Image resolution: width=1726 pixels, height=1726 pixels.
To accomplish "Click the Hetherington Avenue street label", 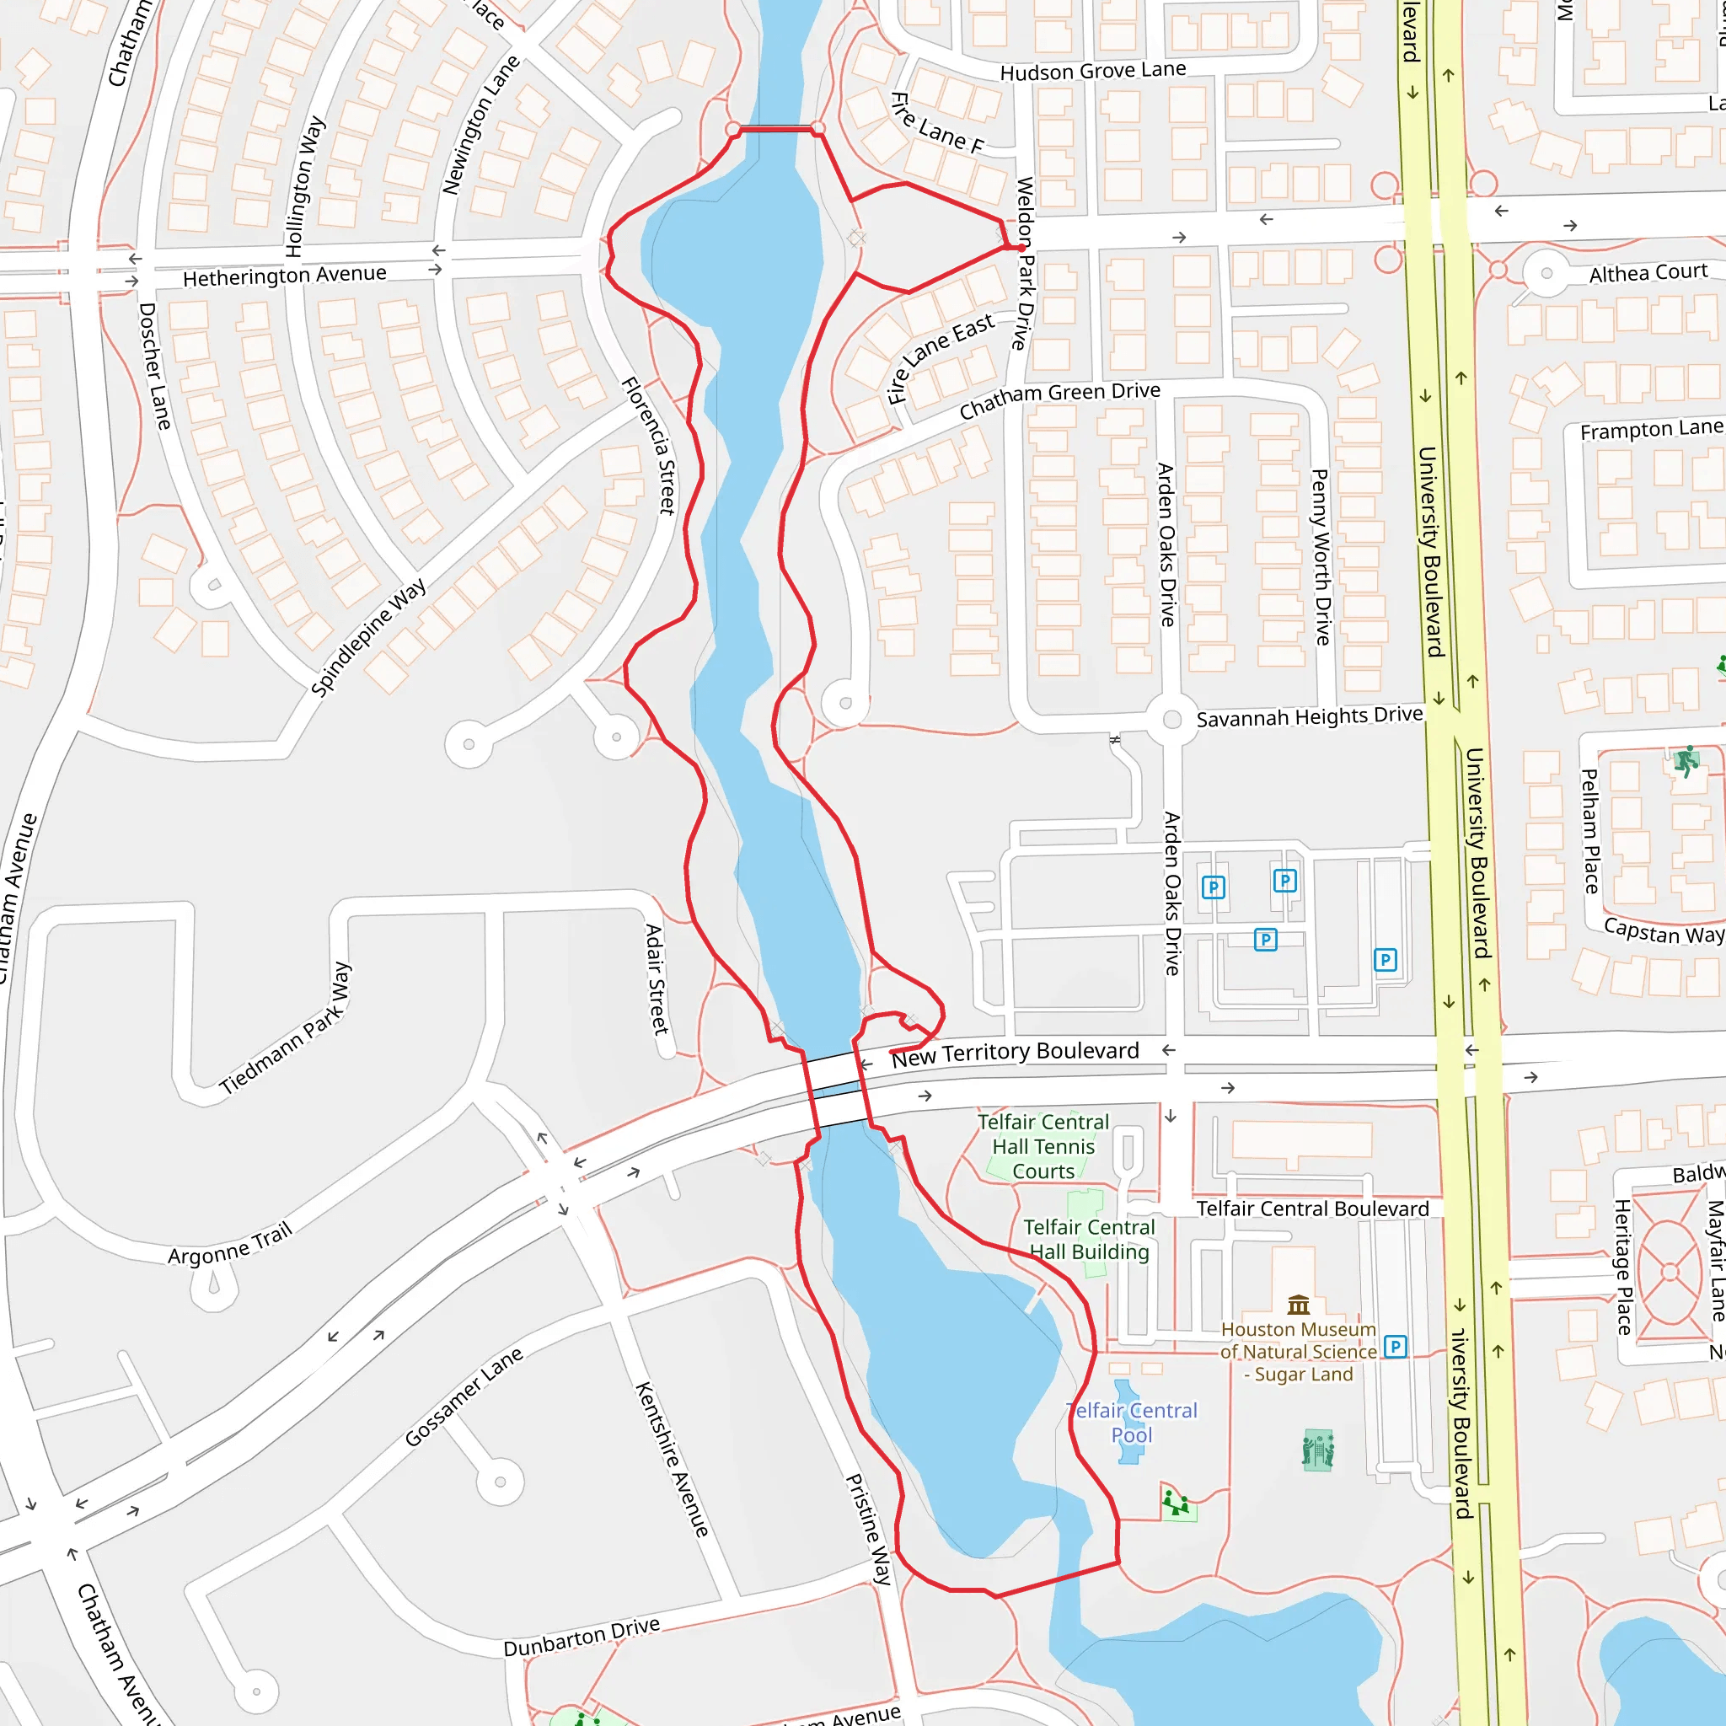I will coord(284,276).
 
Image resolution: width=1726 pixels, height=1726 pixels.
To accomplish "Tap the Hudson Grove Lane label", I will coord(1092,72).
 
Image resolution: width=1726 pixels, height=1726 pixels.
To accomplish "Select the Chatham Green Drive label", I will coord(1059,400).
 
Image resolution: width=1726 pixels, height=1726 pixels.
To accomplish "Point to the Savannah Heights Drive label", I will coord(1309,716).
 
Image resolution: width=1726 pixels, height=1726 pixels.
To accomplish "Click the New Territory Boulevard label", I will coord(1015,1054).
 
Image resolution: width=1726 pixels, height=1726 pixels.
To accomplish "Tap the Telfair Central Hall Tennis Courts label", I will coord(1043,1146).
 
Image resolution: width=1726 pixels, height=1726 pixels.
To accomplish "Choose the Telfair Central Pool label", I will coord(1132,1423).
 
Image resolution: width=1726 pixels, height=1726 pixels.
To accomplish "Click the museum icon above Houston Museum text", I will coord(1299,1305).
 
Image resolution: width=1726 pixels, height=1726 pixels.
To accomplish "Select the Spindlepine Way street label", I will coord(368,637).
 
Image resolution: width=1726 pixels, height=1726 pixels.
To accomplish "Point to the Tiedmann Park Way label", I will coord(287,1028).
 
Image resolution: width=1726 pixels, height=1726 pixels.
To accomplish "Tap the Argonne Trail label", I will coord(230,1245).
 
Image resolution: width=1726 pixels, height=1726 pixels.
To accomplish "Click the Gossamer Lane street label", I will coord(464,1397).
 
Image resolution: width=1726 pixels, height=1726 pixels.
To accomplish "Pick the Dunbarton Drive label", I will coord(582,1637).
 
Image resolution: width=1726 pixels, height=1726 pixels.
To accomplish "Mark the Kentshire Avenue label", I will coord(672,1459).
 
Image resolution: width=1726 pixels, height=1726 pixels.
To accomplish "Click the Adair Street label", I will coord(657,979).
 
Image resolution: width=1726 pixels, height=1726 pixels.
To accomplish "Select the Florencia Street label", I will coord(649,446).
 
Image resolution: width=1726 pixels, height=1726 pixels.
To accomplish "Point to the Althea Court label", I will coord(1648,272).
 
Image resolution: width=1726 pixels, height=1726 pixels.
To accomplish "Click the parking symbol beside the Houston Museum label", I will coord(1396,1346).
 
